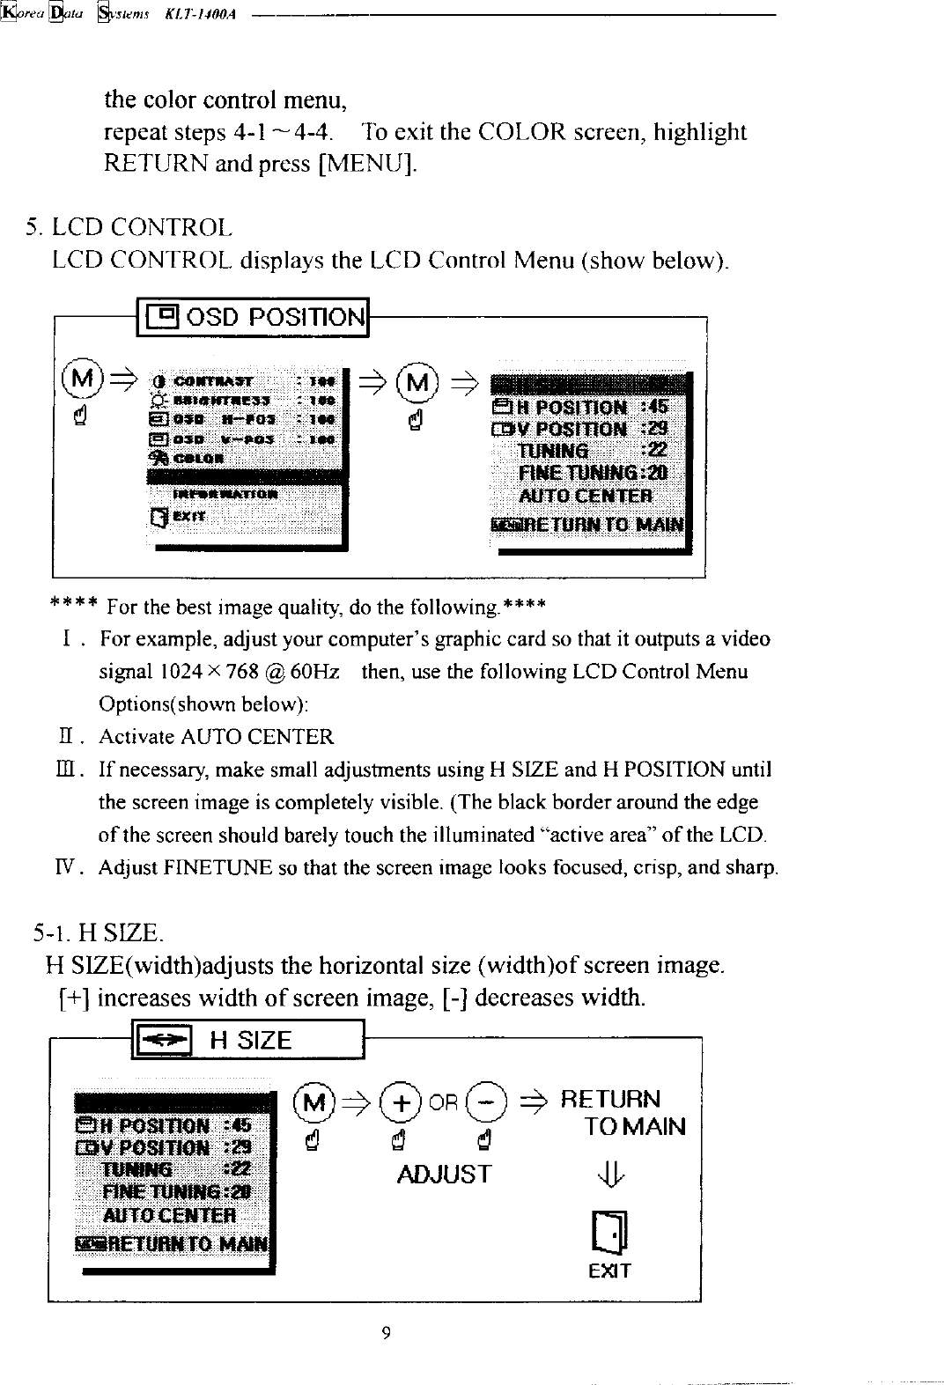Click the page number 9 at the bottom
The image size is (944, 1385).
[x=385, y=1332]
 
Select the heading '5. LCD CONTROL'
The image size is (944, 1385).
[x=129, y=228]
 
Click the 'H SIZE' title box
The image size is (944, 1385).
[x=247, y=1041]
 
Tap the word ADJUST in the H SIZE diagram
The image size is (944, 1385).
[x=444, y=1175]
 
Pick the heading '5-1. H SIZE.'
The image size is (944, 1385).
[x=97, y=932]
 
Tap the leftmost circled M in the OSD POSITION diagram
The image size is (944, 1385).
[x=80, y=381]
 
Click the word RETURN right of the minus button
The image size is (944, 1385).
[x=609, y=1100]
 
